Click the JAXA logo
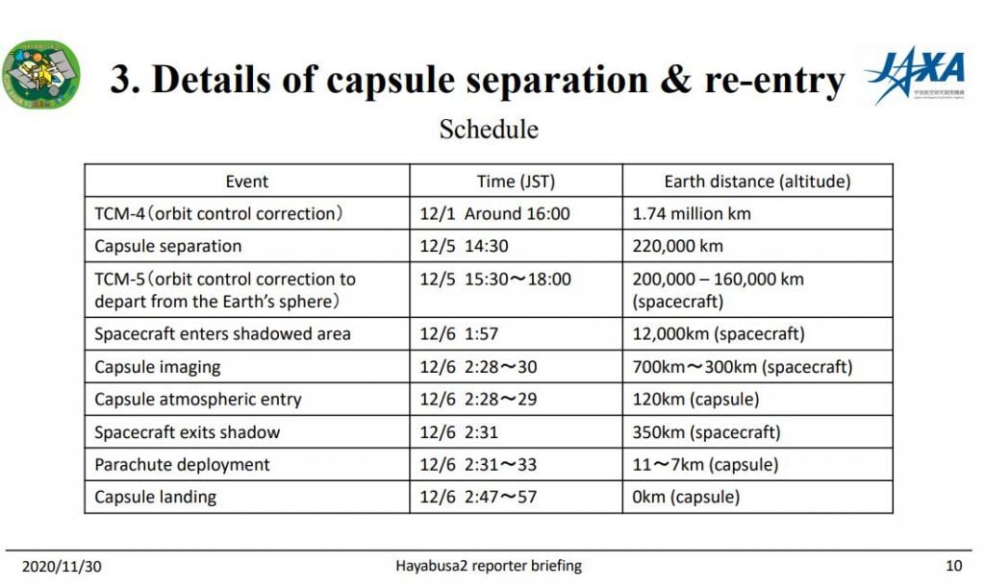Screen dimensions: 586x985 tap(915, 76)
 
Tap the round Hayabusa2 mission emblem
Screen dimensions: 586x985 tap(41, 75)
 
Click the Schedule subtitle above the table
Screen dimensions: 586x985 tap(489, 129)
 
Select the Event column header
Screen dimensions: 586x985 tap(247, 181)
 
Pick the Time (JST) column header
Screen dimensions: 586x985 tap(516, 181)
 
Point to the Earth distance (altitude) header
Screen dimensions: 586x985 tap(757, 181)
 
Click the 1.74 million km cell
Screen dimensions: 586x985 tap(692, 213)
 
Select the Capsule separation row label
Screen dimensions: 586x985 tap(167, 246)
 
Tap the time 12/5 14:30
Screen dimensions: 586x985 tap(464, 246)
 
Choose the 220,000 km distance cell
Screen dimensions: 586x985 tap(677, 246)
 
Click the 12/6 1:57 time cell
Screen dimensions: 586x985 tap(458, 334)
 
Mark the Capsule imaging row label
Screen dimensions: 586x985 tap(157, 367)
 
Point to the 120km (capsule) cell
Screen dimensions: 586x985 tap(695, 400)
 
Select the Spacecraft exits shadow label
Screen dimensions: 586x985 tap(187, 432)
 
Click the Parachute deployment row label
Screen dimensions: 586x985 tap(182, 465)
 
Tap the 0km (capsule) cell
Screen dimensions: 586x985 tap(686, 498)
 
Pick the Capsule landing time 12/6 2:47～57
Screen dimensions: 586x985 tap(478, 498)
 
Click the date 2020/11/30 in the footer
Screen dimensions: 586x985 tap(61, 566)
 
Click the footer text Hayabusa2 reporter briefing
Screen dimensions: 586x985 tap(489, 566)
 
